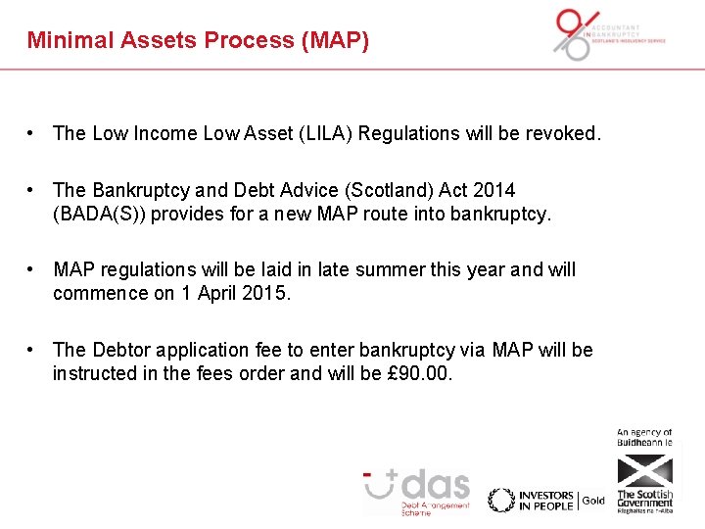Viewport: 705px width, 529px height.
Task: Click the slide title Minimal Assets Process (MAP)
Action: [198, 40]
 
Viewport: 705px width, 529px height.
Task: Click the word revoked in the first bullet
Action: [562, 133]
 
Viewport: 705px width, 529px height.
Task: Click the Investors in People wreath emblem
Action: [501, 500]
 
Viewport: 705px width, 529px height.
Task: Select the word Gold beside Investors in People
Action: [593, 501]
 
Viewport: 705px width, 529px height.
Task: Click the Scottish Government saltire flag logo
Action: [644, 470]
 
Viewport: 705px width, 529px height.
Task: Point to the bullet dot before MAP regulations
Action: [32, 269]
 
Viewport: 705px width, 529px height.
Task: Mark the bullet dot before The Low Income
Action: [32, 133]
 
